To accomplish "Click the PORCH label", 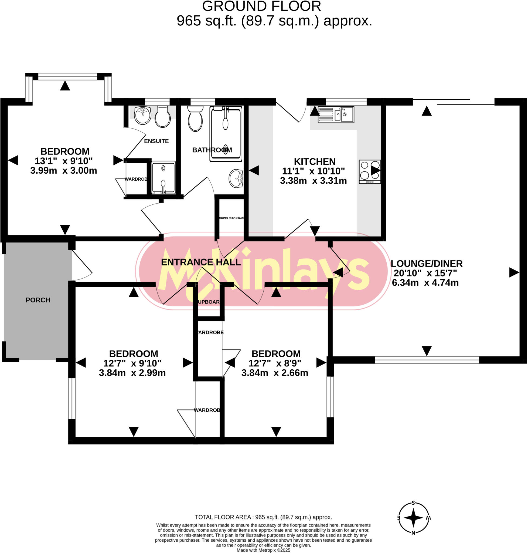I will click(38, 300).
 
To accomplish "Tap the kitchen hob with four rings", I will click(370, 171).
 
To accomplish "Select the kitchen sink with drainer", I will click(336, 114).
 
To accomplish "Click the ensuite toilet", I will click(163, 117).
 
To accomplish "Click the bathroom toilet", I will click(195, 119).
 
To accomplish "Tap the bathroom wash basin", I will click(236, 178).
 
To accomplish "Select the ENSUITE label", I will click(156, 141).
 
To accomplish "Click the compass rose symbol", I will click(413, 518).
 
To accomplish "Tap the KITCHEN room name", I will click(315, 162).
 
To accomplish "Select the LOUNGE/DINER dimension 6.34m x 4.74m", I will click(425, 283).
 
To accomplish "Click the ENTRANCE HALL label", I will click(201, 262).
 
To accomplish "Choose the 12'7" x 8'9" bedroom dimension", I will click(275, 363).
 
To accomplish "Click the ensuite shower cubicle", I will click(163, 177).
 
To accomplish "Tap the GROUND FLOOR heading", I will click(261, 6).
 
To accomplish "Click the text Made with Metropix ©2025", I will click(263, 550).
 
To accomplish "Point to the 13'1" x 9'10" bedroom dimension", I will click(64, 161).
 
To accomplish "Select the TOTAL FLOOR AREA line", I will click(263, 517).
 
